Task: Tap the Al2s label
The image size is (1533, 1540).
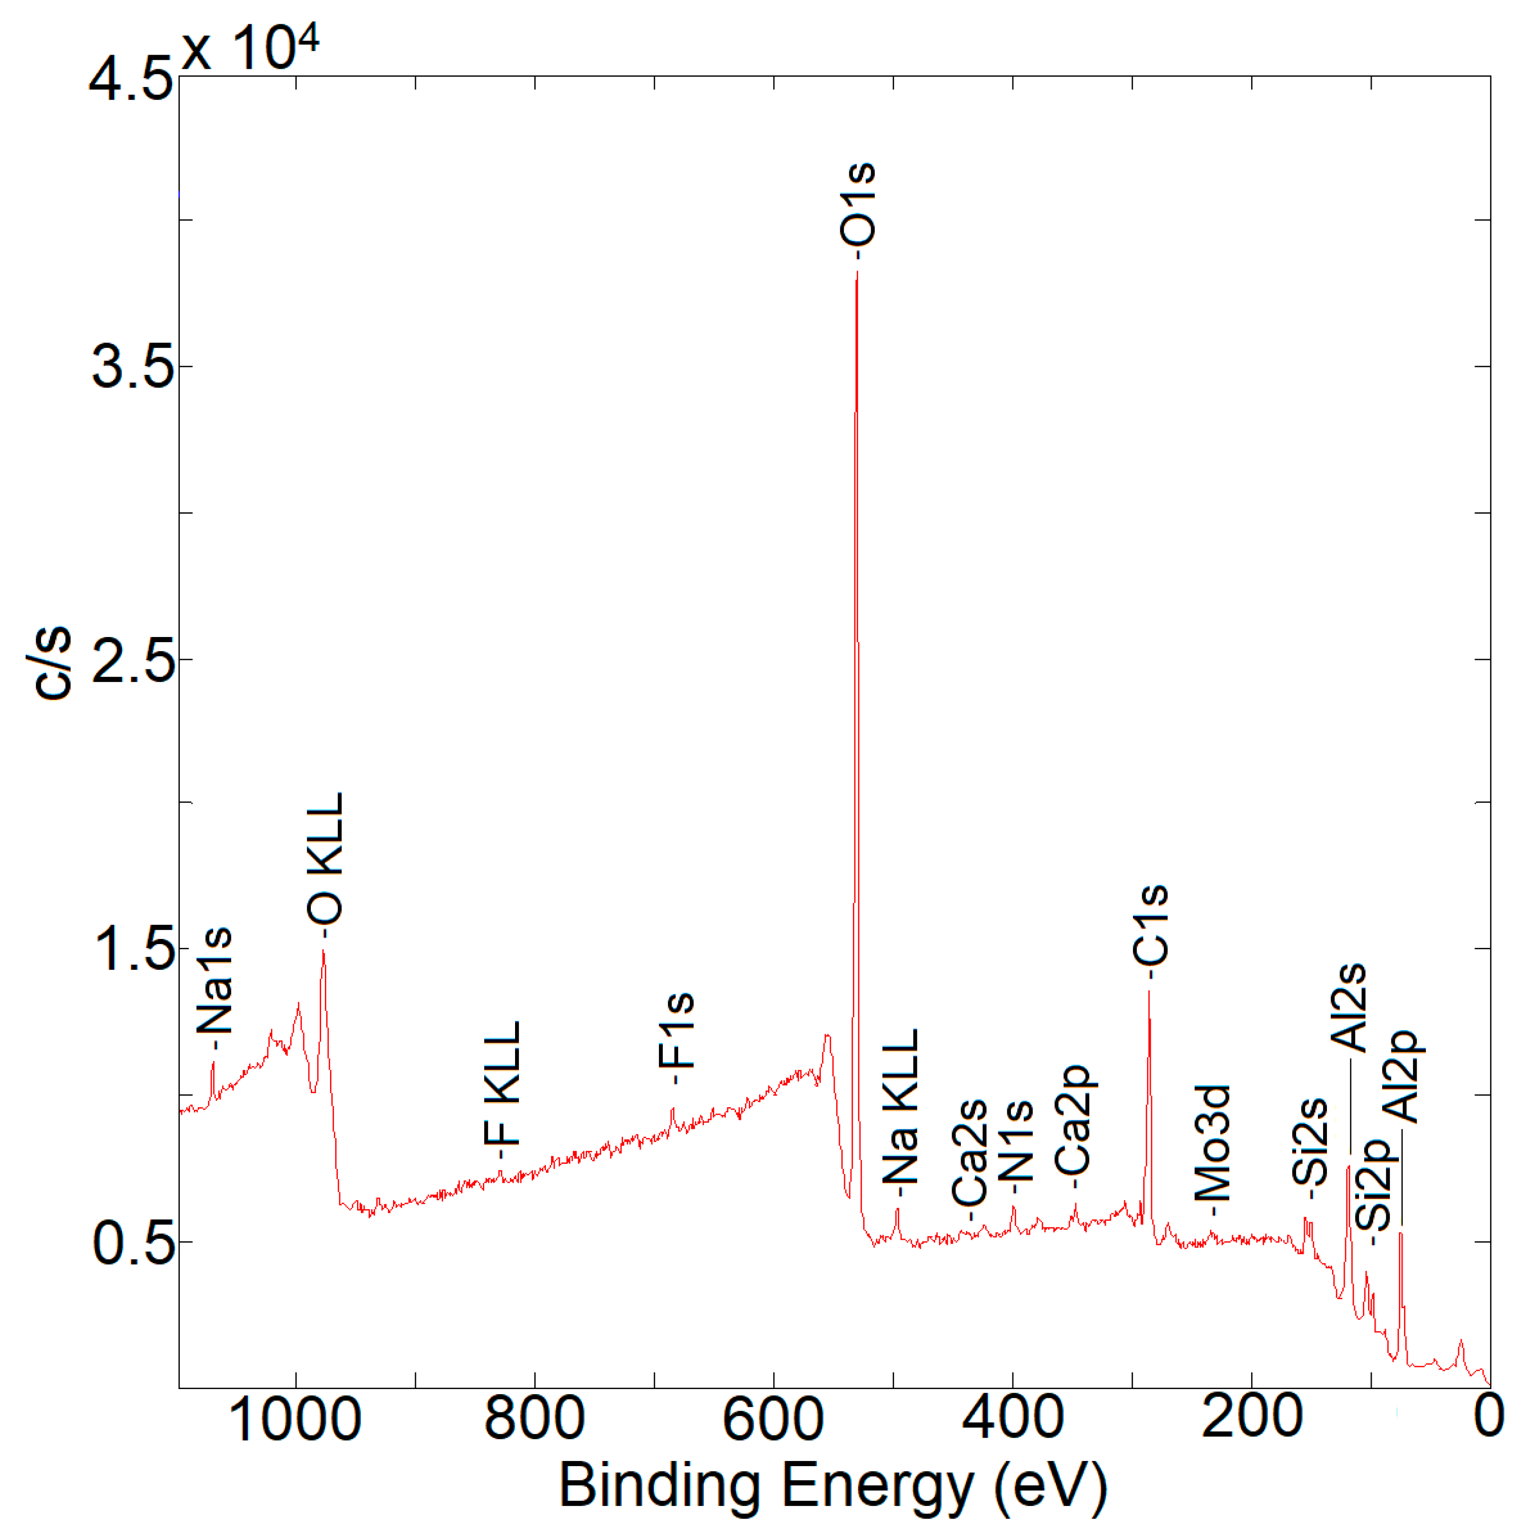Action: coord(1350,1008)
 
